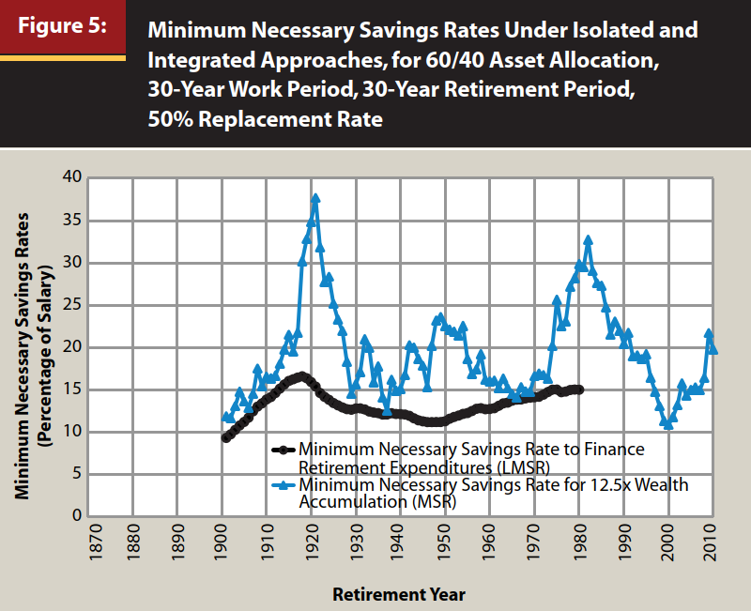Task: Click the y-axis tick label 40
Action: [x=72, y=177]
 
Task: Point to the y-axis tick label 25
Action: [x=72, y=305]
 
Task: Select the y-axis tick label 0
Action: [x=77, y=517]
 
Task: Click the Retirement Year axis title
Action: [x=398, y=594]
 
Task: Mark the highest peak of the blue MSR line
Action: [x=315, y=198]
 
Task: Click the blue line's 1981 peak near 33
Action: [x=589, y=240]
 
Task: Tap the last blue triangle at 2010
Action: [x=713, y=349]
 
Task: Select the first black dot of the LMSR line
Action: [x=225, y=437]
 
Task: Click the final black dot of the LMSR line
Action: [x=579, y=390]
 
